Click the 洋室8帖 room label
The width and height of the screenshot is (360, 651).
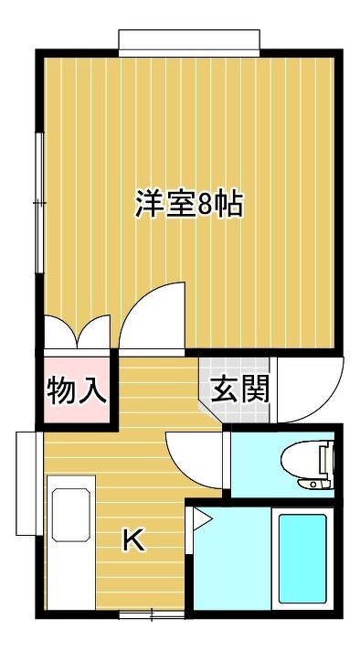pyautogui.click(x=189, y=204)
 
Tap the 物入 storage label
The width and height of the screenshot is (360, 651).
pyautogui.click(x=77, y=390)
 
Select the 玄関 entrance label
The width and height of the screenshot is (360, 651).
pyautogui.click(x=240, y=390)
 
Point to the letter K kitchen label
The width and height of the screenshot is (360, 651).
pyautogui.click(x=134, y=540)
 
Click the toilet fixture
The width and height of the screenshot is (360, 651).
pyautogui.click(x=308, y=465)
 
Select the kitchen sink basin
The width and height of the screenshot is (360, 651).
pyautogui.click(x=71, y=515)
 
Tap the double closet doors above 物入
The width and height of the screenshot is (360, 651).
pyautogui.click(x=77, y=331)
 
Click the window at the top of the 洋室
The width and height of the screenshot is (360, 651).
pyautogui.click(x=189, y=43)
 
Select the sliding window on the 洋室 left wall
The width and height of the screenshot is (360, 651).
pyautogui.click(x=40, y=203)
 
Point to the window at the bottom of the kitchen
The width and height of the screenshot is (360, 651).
pyautogui.click(x=152, y=614)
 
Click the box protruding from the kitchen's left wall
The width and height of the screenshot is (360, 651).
pyautogui.click(x=26, y=484)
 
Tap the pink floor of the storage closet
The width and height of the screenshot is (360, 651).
pyautogui.click(x=77, y=390)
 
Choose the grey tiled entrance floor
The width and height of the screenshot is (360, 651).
pyautogui.click(x=235, y=390)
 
